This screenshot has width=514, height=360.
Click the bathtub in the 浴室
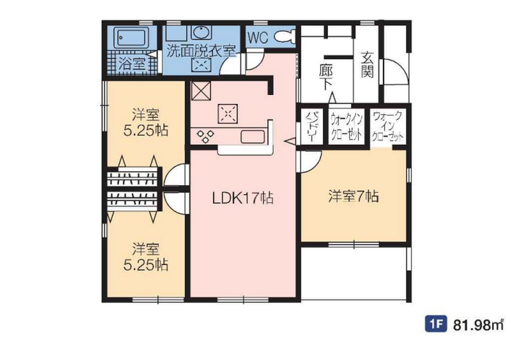click(131, 37)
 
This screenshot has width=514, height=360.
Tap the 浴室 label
click(132, 64)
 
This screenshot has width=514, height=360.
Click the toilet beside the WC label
click(285, 37)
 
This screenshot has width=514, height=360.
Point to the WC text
click(258, 38)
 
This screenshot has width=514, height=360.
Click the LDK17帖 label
click(243, 198)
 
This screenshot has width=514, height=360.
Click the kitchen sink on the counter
click(253, 136)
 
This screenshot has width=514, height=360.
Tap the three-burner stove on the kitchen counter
click(205, 136)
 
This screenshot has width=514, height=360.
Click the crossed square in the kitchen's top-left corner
click(200, 91)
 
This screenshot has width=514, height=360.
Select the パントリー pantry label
click(310, 127)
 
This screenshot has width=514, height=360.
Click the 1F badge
click(436, 325)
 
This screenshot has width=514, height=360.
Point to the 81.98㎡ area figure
click(478, 325)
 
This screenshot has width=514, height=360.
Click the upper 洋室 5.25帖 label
click(145, 122)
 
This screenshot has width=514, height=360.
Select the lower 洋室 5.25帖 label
click(145, 257)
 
